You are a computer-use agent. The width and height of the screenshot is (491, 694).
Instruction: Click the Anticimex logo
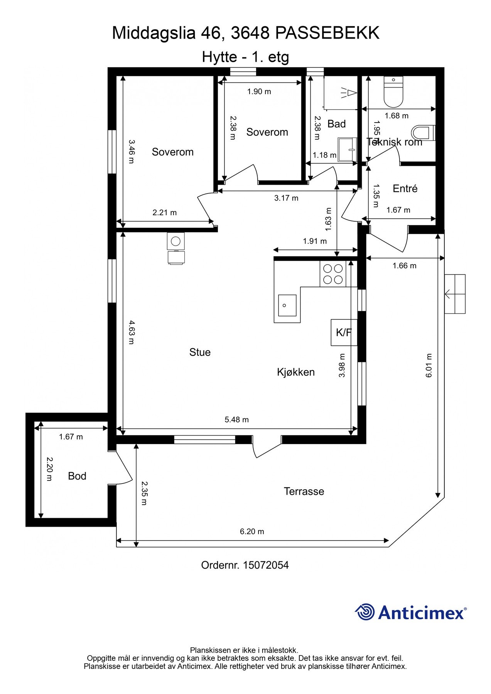coord(410,612)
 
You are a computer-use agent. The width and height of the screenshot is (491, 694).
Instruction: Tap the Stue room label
coord(200,352)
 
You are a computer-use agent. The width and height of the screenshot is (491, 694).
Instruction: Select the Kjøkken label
coord(296,372)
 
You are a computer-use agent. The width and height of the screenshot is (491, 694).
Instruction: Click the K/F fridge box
coord(344,332)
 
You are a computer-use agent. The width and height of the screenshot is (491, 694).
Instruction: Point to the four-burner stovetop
coord(333,274)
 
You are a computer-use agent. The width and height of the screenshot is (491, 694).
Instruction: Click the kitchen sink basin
coord(287,305)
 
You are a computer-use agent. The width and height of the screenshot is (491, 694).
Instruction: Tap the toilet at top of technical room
coord(393,91)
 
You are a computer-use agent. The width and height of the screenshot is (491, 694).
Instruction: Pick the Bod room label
coord(77,476)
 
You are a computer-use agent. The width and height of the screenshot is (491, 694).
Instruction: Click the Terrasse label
coord(304,491)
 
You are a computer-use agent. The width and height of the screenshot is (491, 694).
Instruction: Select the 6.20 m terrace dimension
coord(252,531)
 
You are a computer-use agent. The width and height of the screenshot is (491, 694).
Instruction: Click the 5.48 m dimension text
coord(237,419)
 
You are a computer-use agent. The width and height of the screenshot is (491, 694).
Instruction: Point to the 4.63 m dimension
coord(131,332)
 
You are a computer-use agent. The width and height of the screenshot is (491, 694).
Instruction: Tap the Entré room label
coord(405,189)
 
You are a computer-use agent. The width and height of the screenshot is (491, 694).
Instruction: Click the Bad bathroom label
coord(336,124)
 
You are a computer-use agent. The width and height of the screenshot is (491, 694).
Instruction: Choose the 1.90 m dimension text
coord(259,91)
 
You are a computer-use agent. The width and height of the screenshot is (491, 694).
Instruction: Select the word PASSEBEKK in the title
coord(327,33)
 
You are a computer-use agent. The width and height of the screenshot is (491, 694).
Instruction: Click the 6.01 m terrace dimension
coord(429,365)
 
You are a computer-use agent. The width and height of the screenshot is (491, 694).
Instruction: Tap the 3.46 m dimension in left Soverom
coord(131,152)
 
